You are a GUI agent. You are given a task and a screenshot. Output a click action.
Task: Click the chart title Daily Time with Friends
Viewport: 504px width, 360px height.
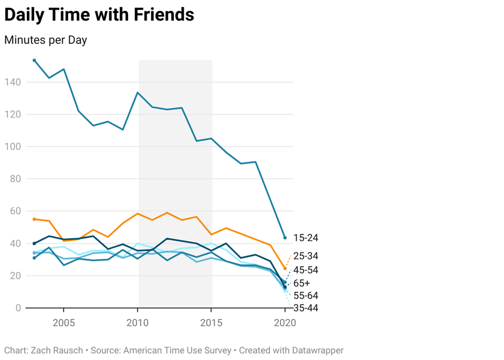pyautogui.click(x=99, y=15)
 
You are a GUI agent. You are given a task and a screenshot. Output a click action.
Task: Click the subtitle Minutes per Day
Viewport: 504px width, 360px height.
pyautogui.click(x=46, y=40)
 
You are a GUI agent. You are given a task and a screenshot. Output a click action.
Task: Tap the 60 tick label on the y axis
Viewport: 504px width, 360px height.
pyautogui.click(x=14, y=211)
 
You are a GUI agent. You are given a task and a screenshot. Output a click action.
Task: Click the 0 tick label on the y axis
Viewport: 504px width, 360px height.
pyautogui.click(x=18, y=308)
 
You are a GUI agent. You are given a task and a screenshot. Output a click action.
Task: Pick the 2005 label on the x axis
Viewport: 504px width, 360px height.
pyautogui.click(x=64, y=323)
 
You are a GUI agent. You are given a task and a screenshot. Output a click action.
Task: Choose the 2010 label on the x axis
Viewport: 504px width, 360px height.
pyautogui.click(x=138, y=323)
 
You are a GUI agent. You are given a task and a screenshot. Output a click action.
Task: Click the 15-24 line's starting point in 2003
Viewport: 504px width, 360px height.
pyautogui.click(x=34, y=61)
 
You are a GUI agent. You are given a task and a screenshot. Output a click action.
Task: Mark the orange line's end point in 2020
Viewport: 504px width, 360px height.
pyautogui.click(x=285, y=268)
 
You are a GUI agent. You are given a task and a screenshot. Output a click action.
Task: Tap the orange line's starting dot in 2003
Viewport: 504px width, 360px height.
pyautogui.click(x=34, y=219)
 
